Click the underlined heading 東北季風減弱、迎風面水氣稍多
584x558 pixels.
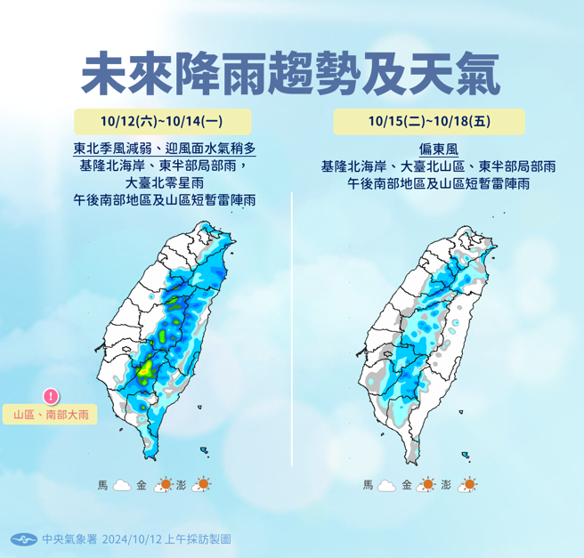(x=166, y=149)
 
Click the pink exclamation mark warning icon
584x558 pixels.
(x=51, y=396)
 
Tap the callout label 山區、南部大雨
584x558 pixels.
(x=51, y=415)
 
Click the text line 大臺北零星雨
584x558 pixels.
(x=166, y=183)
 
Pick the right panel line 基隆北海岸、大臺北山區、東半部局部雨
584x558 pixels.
(x=439, y=166)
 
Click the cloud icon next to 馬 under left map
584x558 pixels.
(x=122, y=485)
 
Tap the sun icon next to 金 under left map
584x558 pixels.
(x=164, y=485)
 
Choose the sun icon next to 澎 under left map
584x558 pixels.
(x=203, y=485)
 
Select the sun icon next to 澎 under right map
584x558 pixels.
(x=468, y=485)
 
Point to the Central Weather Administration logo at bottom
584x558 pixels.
(x=24, y=539)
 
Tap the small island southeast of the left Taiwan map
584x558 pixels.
(x=204, y=451)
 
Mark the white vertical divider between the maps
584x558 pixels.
(x=292, y=329)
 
